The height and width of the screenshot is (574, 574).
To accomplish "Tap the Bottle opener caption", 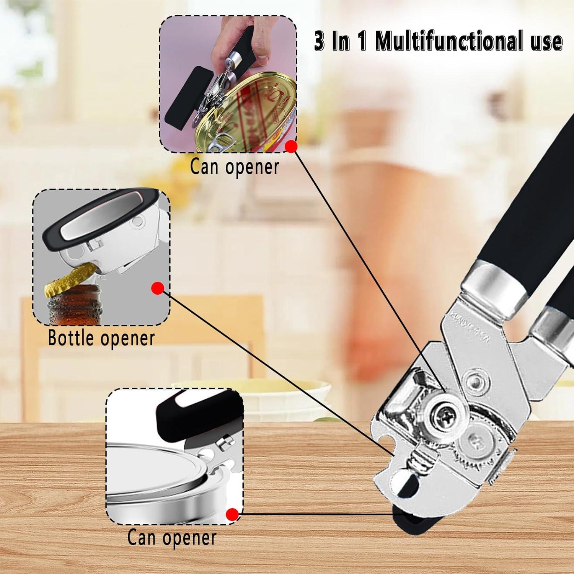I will pos(101,338).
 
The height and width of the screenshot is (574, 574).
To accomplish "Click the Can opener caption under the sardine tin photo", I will pos(235,167).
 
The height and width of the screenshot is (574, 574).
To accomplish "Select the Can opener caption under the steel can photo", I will pos(172,537).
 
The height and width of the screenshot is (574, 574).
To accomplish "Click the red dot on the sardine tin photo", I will pos(292,146).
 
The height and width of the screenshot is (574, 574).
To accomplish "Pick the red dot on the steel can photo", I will pos(232,514).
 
